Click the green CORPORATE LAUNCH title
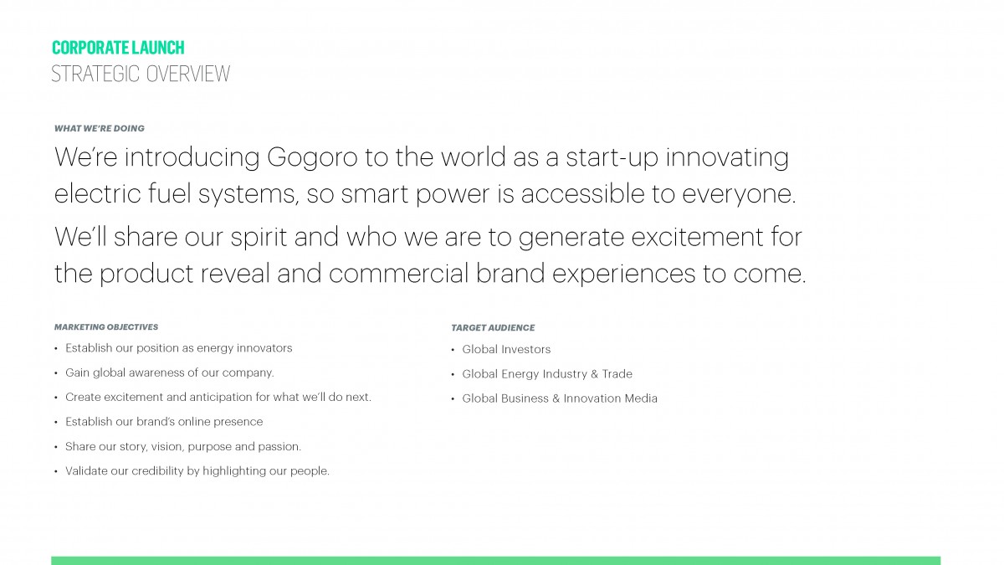118,48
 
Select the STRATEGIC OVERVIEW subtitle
141,74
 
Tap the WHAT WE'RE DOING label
100,128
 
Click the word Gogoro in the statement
312,158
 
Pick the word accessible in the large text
582,193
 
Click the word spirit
259,238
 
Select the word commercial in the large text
398,273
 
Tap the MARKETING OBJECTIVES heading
106,327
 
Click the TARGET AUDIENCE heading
493,328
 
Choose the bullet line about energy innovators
179,348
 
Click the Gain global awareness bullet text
170,373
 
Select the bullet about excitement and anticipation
218,398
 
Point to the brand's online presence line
164,422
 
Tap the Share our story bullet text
183,447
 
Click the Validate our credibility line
197,471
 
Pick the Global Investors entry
506,349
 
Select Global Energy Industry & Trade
547,374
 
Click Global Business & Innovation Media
560,398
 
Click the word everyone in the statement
739,194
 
